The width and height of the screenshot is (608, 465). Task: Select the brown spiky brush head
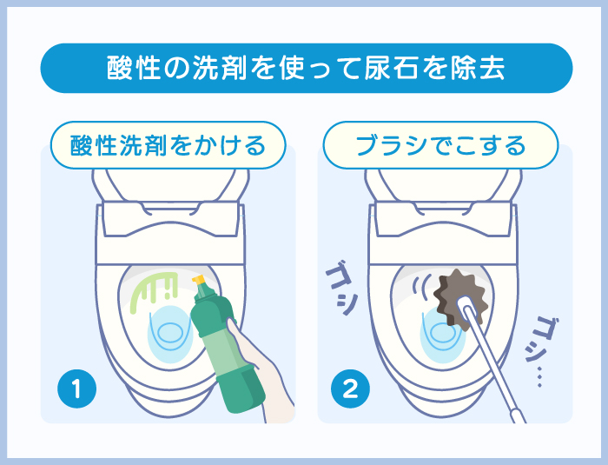tap(459, 297)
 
